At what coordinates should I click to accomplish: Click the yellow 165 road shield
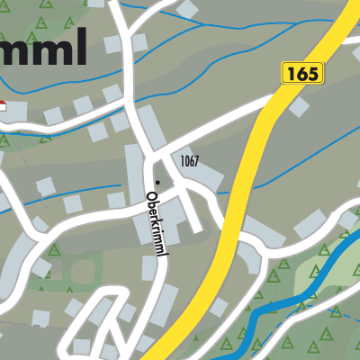(301, 73)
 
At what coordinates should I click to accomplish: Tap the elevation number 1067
(189, 161)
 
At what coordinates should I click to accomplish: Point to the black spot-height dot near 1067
(157, 182)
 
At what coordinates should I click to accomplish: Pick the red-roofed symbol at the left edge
(3, 106)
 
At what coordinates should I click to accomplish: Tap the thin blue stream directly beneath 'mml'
(54, 78)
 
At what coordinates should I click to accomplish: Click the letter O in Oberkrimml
(151, 195)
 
